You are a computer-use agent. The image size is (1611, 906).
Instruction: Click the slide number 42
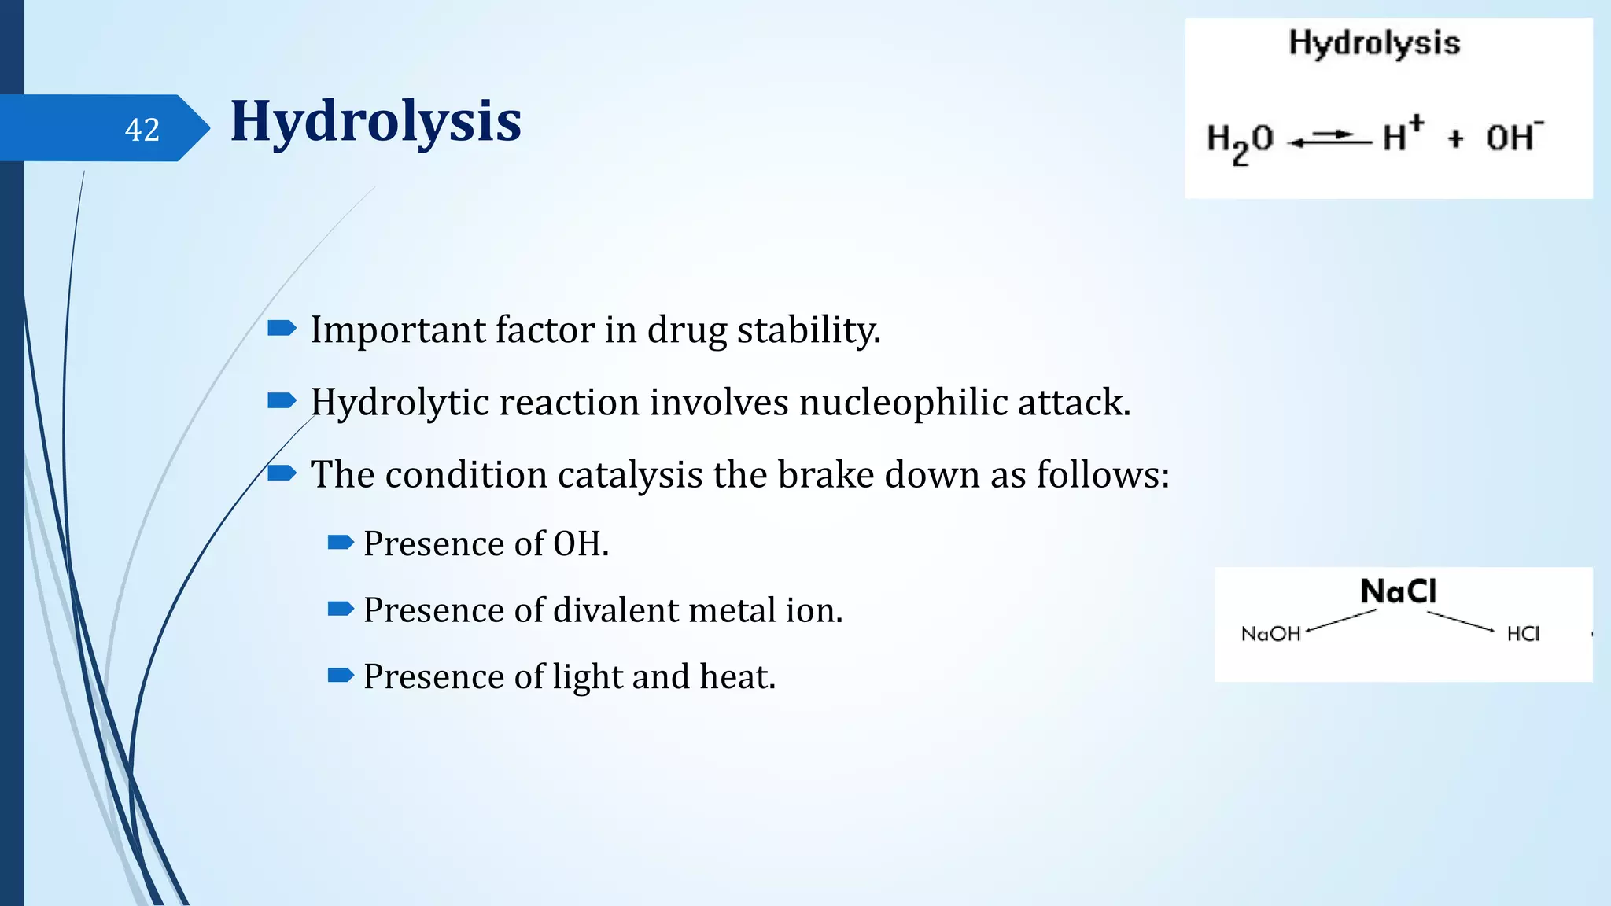click(142, 130)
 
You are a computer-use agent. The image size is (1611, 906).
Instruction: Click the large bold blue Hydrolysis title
click(375, 121)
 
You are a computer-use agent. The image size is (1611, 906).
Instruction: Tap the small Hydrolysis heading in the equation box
click(1373, 43)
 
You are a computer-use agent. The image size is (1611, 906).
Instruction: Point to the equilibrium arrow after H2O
click(1329, 139)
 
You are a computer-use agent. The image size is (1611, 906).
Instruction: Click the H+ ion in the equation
click(1403, 134)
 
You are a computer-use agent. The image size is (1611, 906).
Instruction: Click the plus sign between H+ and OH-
click(1455, 139)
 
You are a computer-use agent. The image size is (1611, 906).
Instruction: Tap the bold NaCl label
click(1398, 591)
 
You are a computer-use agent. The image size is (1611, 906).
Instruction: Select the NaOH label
click(1270, 634)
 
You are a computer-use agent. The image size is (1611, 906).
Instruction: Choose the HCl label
click(1523, 634)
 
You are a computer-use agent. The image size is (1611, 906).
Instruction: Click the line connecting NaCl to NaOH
click(1341, 621)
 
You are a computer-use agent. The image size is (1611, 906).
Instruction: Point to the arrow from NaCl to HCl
click(1462, 621)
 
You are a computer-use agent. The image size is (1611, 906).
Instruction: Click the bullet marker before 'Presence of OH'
click(341, 542)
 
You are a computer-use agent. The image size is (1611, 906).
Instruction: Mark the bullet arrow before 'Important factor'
click(282, 328)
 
